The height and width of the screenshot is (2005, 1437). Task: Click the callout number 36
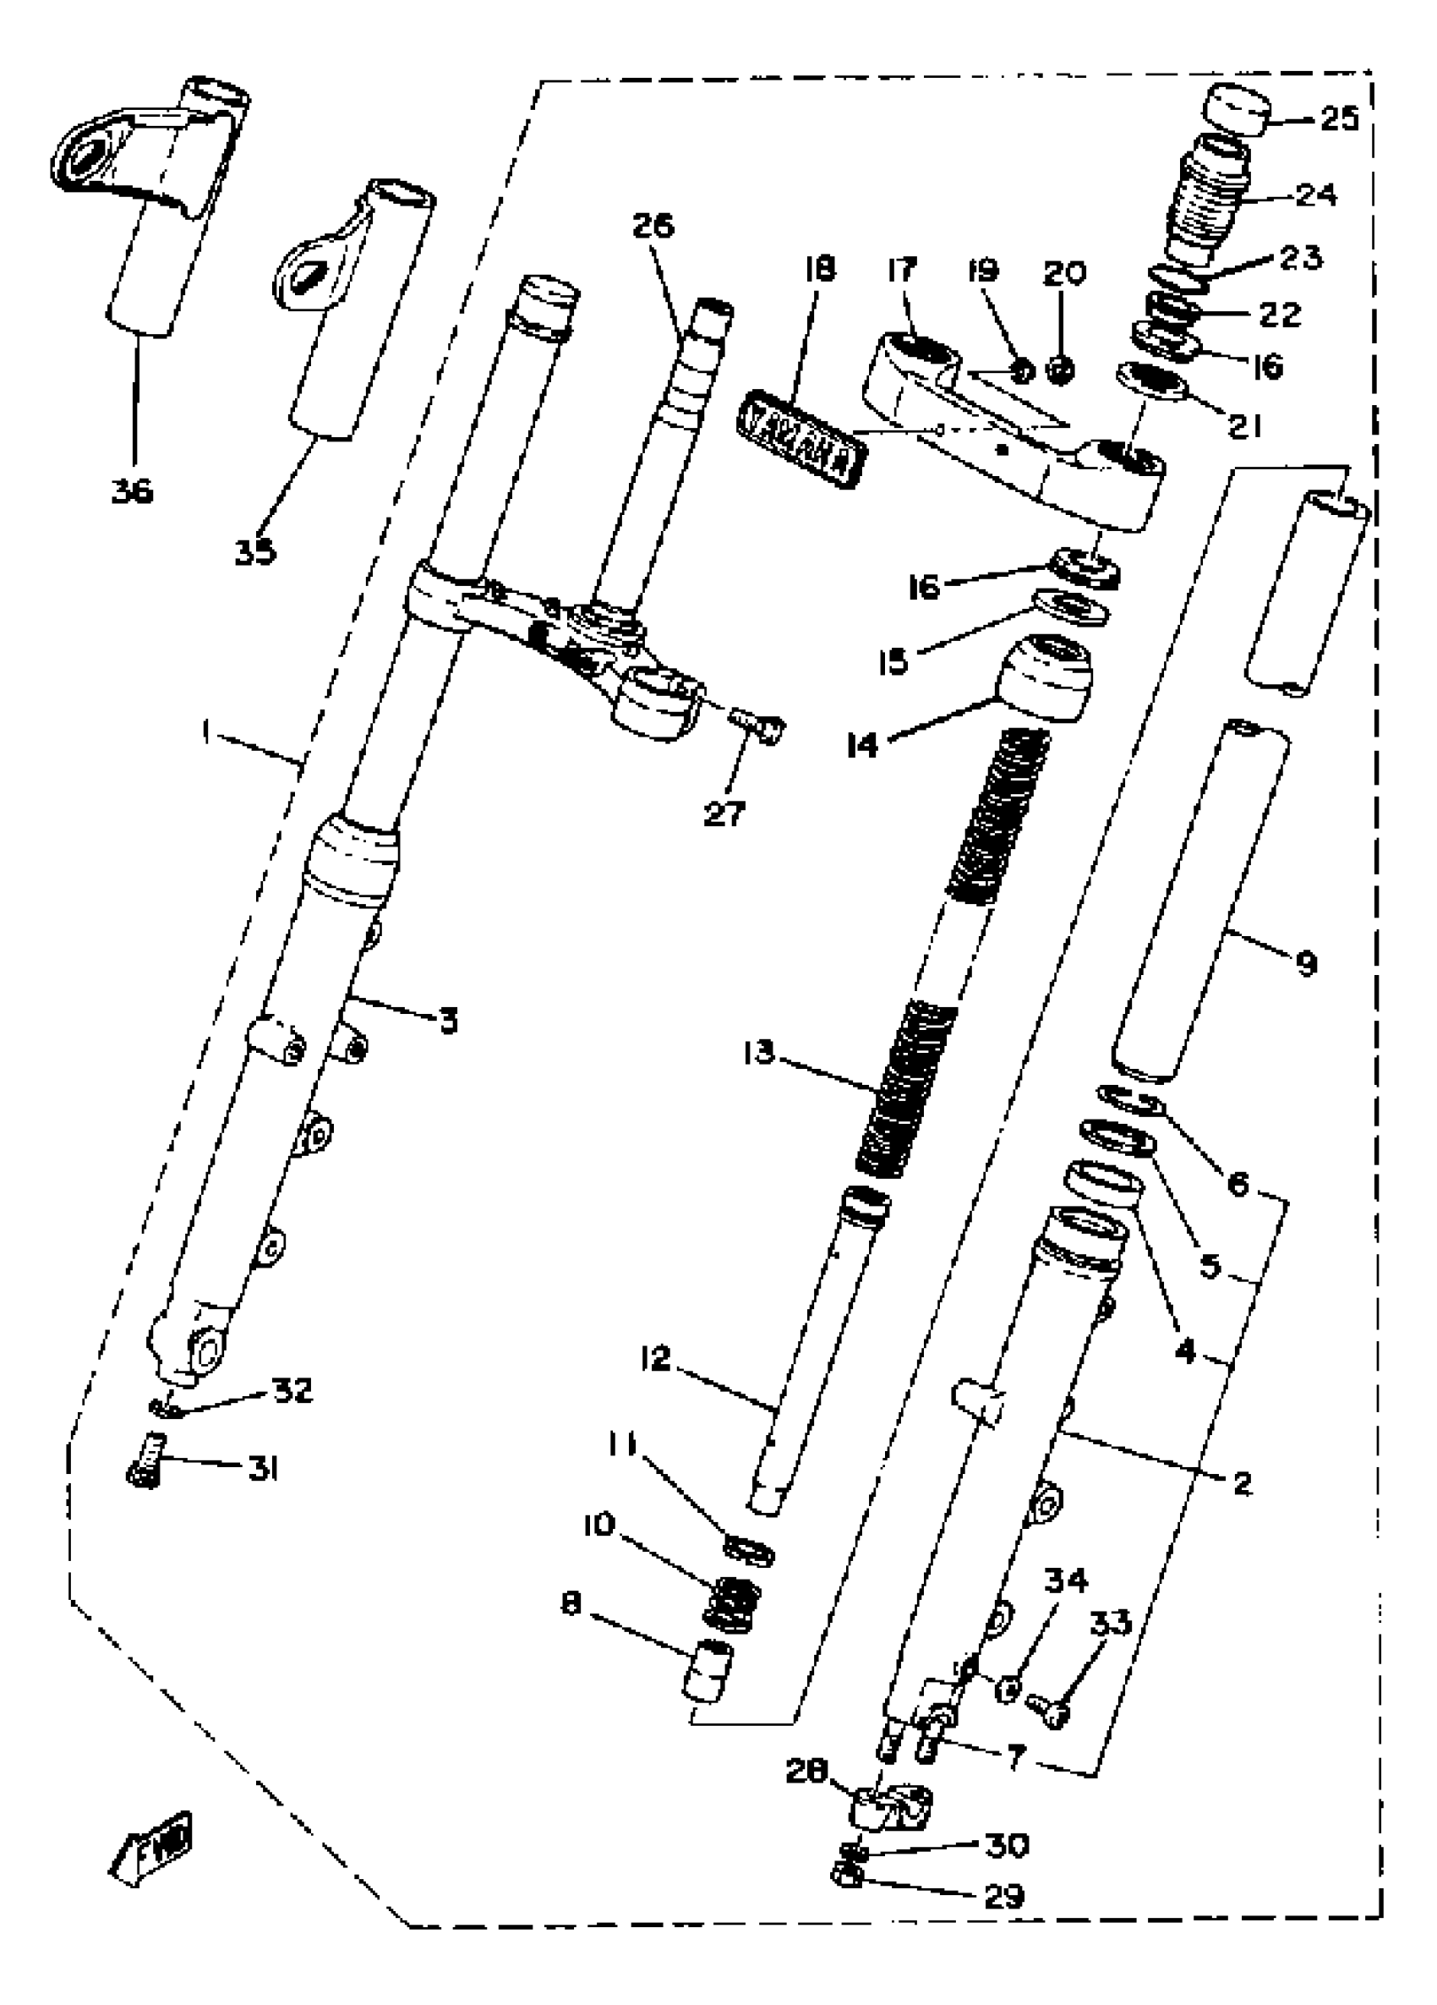point(133,489)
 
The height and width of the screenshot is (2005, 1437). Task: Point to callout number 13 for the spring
point(758,1053)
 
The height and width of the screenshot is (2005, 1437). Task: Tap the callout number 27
point(724,813)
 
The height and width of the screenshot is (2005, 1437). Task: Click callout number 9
point(1305,961)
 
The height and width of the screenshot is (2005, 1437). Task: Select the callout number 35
point(255,552)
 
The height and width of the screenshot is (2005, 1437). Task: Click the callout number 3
point(448,1022)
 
